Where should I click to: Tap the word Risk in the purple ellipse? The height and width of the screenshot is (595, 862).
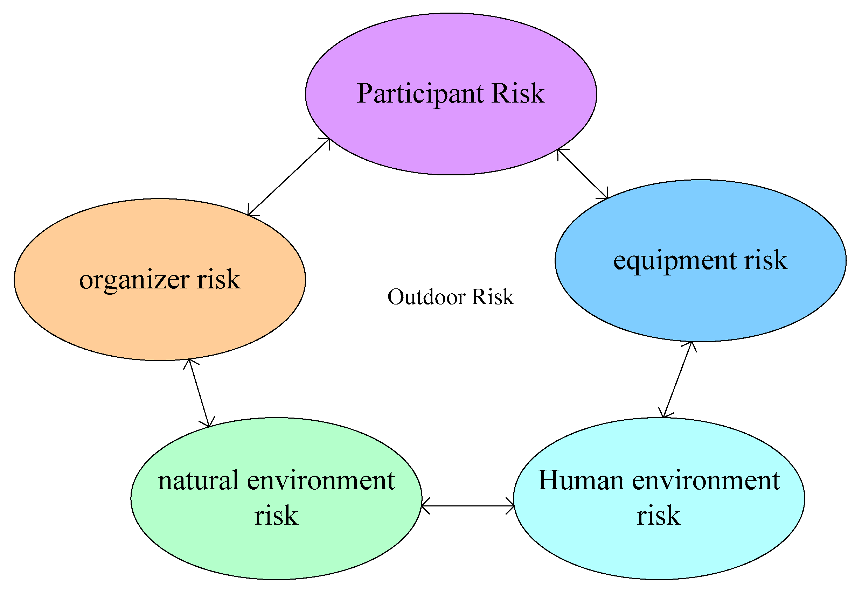(x=518, y=93)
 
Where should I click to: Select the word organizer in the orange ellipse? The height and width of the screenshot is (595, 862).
(x=134, y=281)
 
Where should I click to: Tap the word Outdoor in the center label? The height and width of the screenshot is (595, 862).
(x=426, y=297)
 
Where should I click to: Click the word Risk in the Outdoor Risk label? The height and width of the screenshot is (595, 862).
(x=493, y=297)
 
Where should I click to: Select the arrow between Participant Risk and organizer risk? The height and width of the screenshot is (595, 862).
(x=289, y=177)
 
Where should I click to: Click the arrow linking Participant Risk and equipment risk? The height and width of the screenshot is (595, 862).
(x=582, y=174)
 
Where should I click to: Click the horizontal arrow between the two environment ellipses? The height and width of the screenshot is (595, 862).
(x=467, y=506)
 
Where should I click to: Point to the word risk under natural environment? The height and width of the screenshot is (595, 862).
(x=276, y=516)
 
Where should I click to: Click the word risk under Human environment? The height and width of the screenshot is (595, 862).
(x=659, y=516)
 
